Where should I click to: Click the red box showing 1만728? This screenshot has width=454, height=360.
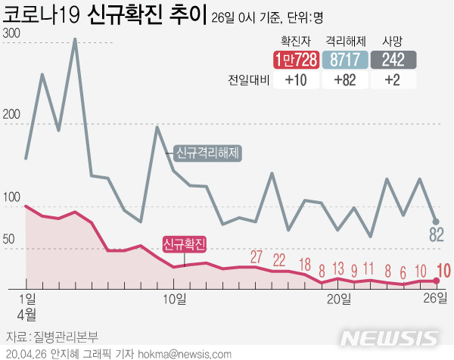click(x=296, y=60)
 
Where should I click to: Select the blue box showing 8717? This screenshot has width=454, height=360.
click(x=346, y=60)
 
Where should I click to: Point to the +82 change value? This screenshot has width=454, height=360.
click(x=346, y=81)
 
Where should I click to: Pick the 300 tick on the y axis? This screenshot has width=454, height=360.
click(x=11, y=34)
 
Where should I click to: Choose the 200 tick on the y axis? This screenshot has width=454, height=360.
click(x=11, y=115)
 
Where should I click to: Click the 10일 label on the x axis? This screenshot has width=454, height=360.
click(x=175, y=298)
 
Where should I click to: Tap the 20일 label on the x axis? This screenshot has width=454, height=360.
click(x=338, y=298)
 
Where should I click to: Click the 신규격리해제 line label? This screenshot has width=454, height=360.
click(x=207, y=153)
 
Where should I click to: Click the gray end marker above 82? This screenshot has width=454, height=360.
click(x=436, y=221)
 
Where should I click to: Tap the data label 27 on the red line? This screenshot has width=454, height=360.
click(x=257, y=257)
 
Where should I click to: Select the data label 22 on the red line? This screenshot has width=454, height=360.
click(x=279, y=260)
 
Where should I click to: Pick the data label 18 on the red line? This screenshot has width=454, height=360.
click(x=305, y=264)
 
